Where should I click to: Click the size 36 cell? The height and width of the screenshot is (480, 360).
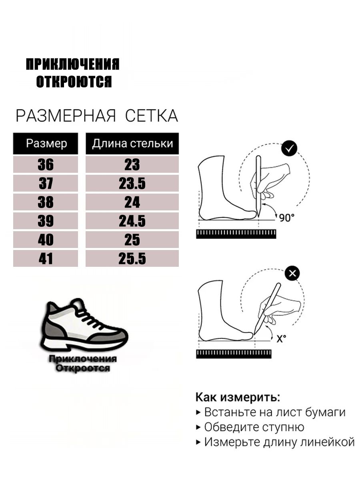pyautogui.click(x=46, y=164)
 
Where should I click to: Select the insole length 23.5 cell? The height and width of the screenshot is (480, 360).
pyautogui.click(x=132, y=183)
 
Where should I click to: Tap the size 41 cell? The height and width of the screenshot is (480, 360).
pyautogui.click(x=46, y=259)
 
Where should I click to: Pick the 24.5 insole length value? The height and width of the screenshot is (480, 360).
pyautogui.click(x=132, y=221)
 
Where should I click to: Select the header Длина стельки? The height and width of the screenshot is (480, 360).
pyautogui.click(x=132, y=144)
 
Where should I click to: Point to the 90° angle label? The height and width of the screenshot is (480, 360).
pyautogui.click(x=287, y=218)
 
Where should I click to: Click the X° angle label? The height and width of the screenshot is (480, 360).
pyautogui.click(x=281, y=339)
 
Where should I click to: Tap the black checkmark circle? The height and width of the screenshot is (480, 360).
pyautogui.click(x=289, y=148)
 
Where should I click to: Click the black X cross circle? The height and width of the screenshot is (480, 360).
pyautogui.click(x=292, y=273)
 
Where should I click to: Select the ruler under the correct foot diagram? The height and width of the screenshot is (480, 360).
pyautogui.click(x=236, y=234)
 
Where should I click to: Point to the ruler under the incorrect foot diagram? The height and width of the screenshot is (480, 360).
pyautogui.click(x=234, y=354)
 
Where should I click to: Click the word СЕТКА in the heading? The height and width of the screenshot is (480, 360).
pyautogui.click(x=152, y=116)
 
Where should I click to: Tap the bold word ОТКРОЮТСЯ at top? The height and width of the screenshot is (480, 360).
pyautogui.click(x=74, y=82)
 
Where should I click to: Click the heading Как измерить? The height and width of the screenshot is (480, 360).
pyautogui.click(x=238, y=397)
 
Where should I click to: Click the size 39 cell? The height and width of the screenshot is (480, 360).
pyautogui.click(x=46, y=221)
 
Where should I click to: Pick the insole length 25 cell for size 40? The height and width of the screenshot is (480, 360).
pyautogui.click(x=132, y=240)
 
